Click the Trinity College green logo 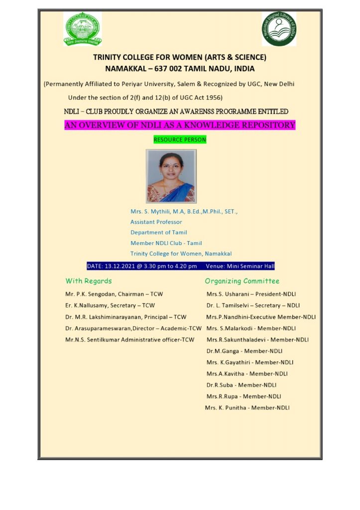pyautogui.click(x=83, y=29)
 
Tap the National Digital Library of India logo pyautogui.click(x=279, y=29)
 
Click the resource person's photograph pyautogui.click(x=171, y=176)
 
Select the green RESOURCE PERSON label pyautogui.click(x=180, y=140)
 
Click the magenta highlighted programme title pyautogui.click(x=180, y=125)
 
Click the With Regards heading pyautogui.click(x=89, y=281)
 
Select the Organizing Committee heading pyautogui.click(x=242, y=281)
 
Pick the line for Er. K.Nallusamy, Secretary pyautogui.click(x=110, y=305)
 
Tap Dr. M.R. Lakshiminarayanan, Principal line pyautogui.click(x=125, y=317)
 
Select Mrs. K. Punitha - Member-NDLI pyautogui.click(x=247, y=408)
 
